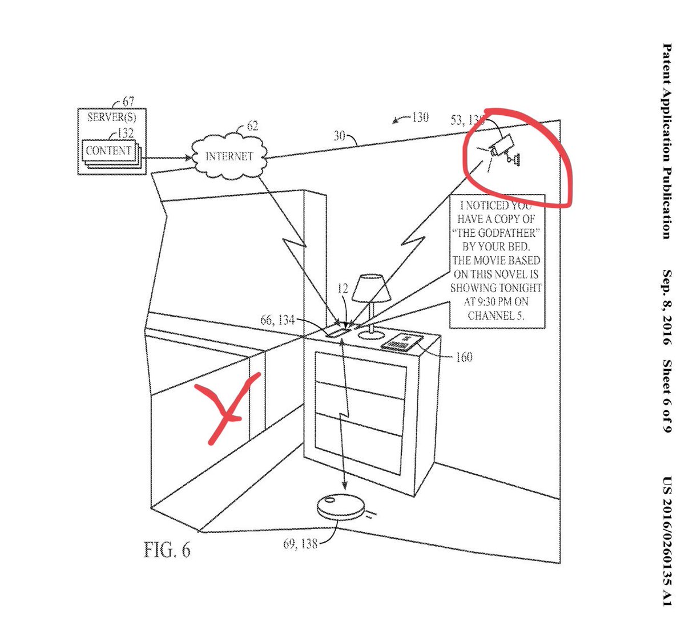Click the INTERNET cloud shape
point(229,156)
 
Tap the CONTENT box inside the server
point(108,151)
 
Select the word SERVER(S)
point(112,118)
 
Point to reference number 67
point(128,102)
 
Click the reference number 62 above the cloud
point(252,126)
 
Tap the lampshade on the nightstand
point(371,289)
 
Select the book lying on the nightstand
point(404,342)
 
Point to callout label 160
point(464,358)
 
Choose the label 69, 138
point(300,544)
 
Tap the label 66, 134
point(277,320)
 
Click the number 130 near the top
point(420,118)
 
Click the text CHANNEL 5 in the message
point(496,315)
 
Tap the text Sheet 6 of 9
point(666,395)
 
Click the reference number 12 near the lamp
point(342,290)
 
